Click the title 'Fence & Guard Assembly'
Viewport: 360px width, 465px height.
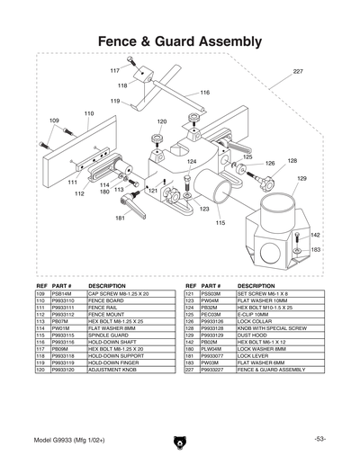(x=179, y=41)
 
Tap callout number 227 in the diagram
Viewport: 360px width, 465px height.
(x=298, y=71)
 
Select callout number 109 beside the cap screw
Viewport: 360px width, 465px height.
(x=54, y=120)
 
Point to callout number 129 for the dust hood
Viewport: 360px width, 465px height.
(x=302, y=179)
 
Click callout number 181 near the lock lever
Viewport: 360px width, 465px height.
(x=120, y=219)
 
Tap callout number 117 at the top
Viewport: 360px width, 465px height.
(x=115, y=70)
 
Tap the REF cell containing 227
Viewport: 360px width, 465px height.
(x=190, y=370)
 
